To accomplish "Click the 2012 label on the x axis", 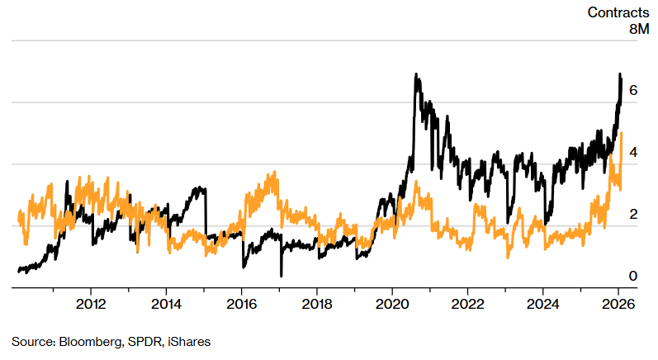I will click(91, 302).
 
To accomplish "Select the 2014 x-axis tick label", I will click(166, 302).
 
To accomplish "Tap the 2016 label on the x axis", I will click(241, 302).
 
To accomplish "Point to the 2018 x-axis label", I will click(317, 302).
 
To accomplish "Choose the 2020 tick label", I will click(392, 302).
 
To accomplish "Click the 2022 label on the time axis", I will click(467, 302).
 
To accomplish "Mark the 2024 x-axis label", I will click(543, 302).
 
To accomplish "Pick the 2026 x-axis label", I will click(618, 302).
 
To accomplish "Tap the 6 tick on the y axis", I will click(633, 91).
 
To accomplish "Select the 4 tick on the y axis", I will click(633, 153).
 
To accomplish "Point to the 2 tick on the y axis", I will click(633, 215).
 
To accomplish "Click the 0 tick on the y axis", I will click(633, 276).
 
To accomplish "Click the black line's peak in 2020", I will click(416, 75).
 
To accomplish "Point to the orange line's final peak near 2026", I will click(621, 133).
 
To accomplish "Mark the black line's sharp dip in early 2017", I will click(281, 275).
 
